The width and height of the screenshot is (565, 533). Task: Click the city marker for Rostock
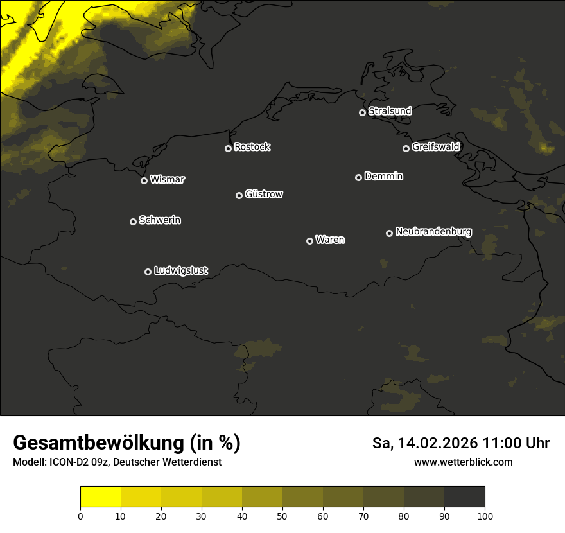click(228, 148)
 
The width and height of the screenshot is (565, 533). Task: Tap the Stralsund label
click(390, 111)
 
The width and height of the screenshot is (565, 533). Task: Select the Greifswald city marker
click(406, 148)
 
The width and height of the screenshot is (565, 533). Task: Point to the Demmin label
click(383, 176)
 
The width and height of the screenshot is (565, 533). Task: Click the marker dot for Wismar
click(144, 180)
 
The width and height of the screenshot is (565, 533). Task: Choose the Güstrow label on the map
click(264, 194)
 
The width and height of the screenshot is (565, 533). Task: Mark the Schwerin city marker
click(133, 222)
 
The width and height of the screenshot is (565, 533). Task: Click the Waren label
click(330, 240)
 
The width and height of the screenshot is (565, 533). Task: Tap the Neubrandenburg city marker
click(389, 233)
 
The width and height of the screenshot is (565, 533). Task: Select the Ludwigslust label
click(181, 270)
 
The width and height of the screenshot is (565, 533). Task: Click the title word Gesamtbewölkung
click(95, 443)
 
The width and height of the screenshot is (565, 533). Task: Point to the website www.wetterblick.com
click(463, 462)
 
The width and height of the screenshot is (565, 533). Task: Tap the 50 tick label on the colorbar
click(282, 516)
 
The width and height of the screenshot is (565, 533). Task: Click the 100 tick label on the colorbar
click(485, 516)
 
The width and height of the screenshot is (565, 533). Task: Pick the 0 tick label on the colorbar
click(80, 516)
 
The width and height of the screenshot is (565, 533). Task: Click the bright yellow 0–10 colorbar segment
click(101, 497)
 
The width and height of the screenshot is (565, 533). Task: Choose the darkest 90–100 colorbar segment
click(464, 497)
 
